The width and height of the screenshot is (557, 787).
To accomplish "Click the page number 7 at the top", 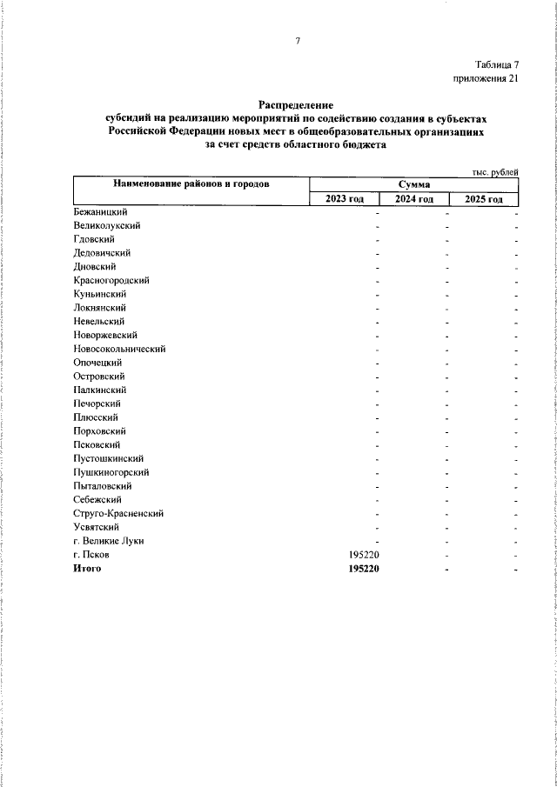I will point(298,41).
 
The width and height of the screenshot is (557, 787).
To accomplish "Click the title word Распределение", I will point(296,104).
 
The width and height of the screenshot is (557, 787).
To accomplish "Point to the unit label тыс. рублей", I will point(495,172).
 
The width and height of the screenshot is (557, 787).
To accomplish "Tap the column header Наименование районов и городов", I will point(191,184).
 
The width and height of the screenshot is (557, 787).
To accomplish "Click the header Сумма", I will point(413,184).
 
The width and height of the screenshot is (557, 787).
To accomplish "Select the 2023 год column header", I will point(345,199).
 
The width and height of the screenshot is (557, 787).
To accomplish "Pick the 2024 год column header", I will point(413,199).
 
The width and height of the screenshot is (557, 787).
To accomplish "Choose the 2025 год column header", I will point(484,199).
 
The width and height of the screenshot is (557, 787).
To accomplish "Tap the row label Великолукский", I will point(108,225).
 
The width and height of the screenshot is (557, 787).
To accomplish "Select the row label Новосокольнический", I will point(120,349).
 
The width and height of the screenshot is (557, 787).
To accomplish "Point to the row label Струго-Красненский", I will point(119,513).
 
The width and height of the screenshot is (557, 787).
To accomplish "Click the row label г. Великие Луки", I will point(109,541).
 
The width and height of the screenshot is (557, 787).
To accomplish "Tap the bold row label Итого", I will point(88,569).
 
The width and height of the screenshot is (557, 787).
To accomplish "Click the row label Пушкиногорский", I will point(112,472).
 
